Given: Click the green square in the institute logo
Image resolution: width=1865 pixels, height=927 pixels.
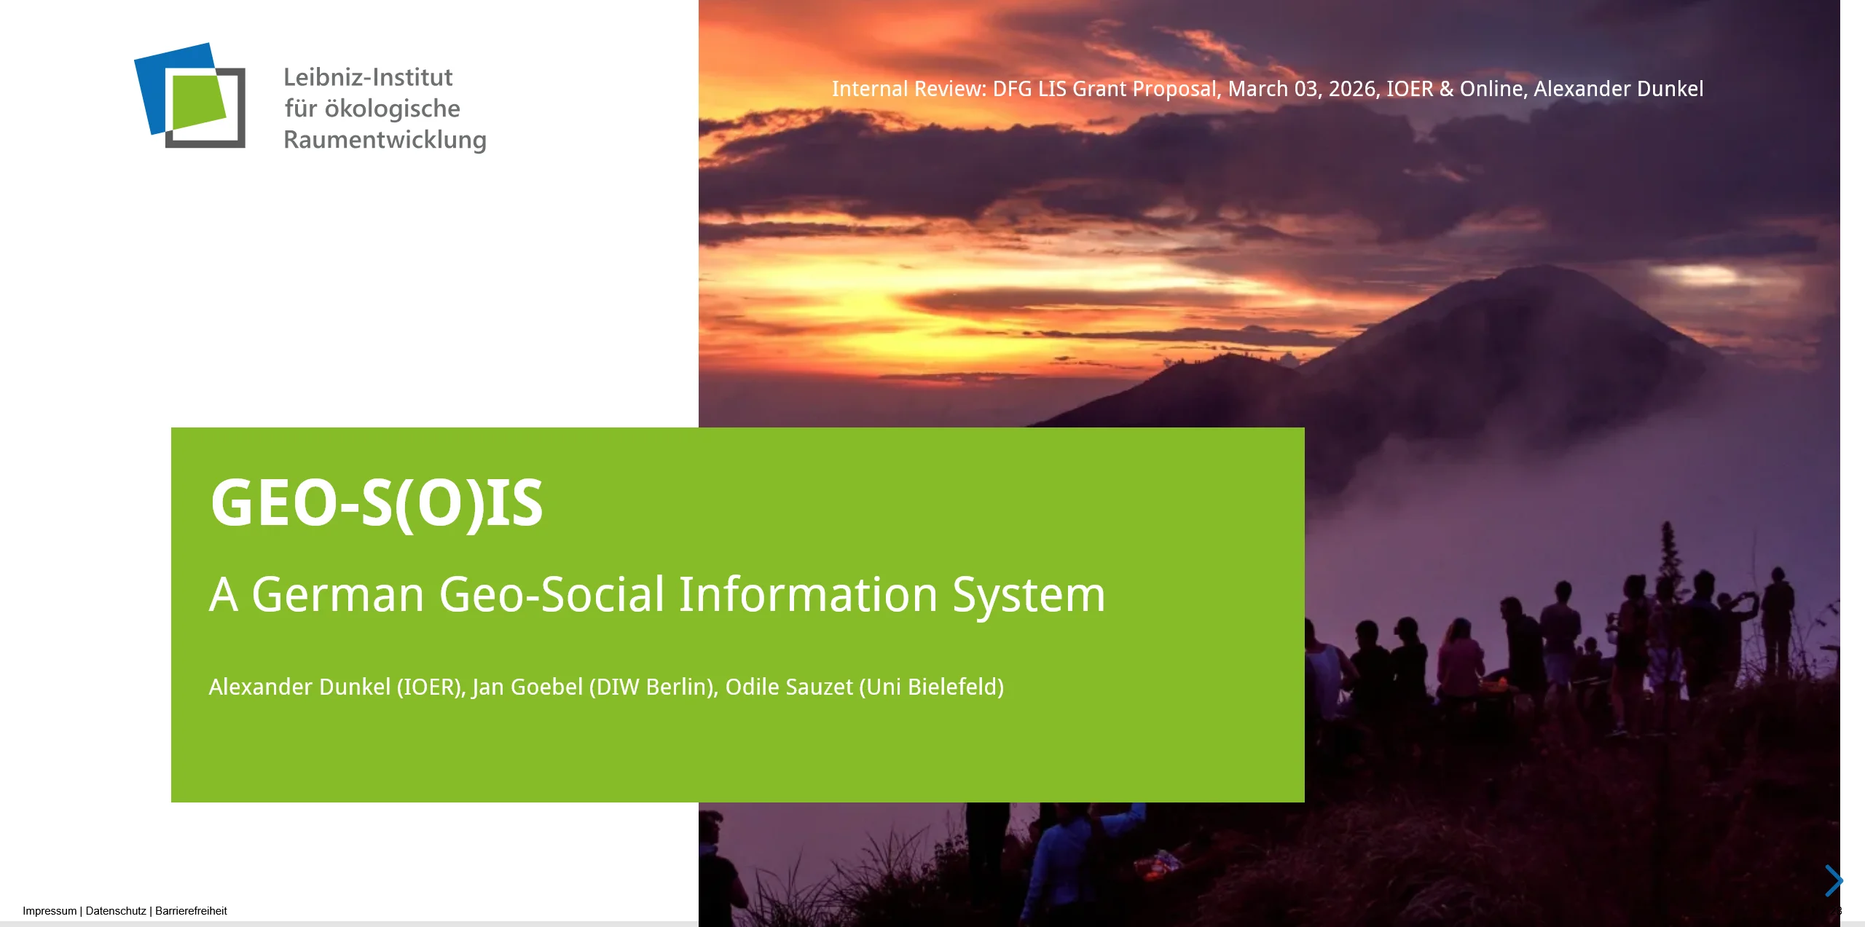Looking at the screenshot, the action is (199, 102).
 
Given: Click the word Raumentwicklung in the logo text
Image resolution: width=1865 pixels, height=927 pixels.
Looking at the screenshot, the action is (385, 139).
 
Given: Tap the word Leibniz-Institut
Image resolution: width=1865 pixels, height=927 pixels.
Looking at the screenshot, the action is (368, 76).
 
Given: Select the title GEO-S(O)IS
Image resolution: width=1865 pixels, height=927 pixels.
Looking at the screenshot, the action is (377, 502).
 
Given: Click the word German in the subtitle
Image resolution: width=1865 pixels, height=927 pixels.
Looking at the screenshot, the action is (338, 594).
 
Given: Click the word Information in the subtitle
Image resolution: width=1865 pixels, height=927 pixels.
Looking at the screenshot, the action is (808, 594).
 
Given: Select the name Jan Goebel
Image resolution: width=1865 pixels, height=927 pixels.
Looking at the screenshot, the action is (527, 687).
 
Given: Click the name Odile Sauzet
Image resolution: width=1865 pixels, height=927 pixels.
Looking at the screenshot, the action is (789, 687).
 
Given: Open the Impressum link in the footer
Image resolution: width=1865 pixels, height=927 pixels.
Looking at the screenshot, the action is (50, 911).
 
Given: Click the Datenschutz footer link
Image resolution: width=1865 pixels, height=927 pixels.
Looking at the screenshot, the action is (116, 911).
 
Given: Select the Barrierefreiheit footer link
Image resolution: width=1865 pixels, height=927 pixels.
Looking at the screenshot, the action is (191, 911).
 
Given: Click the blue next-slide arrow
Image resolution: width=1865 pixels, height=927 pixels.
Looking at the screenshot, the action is (1834, 880).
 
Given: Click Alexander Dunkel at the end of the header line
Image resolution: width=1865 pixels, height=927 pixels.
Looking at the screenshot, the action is (1619, 89).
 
